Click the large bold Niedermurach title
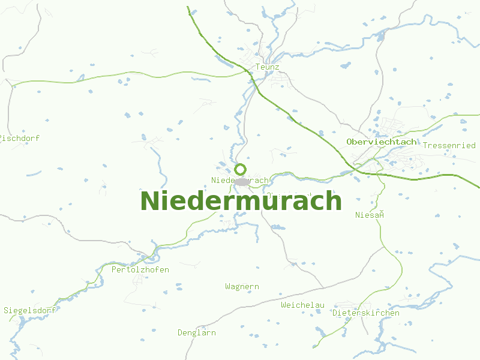point(241,201)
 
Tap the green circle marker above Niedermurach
point(241,169)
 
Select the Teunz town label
point(268,67)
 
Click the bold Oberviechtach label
point(382,142)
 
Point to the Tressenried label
point(449,146)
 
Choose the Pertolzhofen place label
point(140,270)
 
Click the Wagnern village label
point(242,287)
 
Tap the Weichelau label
point(302,305)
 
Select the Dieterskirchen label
point(366,313)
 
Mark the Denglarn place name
point(197,333)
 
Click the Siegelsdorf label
point(30,311)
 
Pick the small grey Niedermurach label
point(240,180)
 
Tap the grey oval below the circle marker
point(242,181)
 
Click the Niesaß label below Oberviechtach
point(369,215)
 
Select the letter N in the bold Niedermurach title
point(149,201)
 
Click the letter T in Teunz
point(258,67)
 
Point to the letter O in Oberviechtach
point(350,142)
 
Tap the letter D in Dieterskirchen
point(335,313)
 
